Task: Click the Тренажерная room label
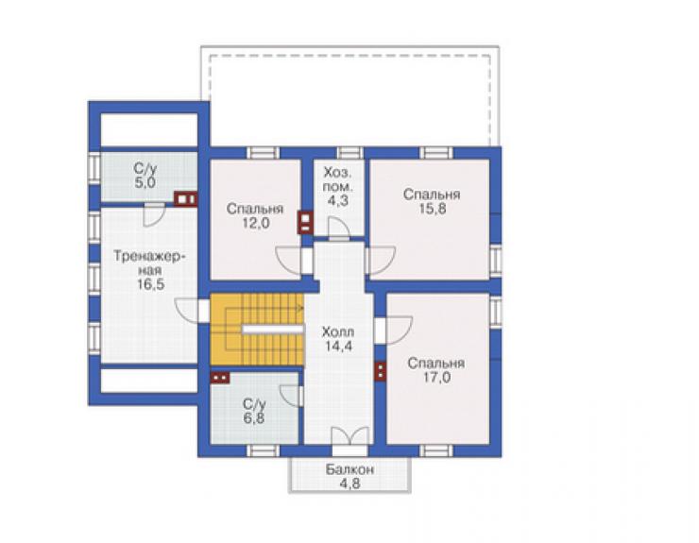(x=150, y=263)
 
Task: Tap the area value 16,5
(x=150, y=284)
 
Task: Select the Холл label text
(x=338, y=331)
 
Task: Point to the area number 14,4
(x=338, y=346)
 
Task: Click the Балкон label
(x=349, y=469)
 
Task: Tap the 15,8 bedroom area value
(x=432, y=209)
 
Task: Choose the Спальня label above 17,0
(x=436, y=364)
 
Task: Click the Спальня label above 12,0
(x=254, y=209)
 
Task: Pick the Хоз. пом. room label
(x=337, y=178)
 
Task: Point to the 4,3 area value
(x=337, y=200)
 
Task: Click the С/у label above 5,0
(x=145, y=168)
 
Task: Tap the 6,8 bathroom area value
(x=254, y=418)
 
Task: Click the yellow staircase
(x=257, y=329)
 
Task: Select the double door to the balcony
(x=350, y=437)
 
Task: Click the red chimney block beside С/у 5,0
(x=185, y=199)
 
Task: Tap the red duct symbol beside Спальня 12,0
(x=305, y=222)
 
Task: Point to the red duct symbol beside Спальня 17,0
(x=380, y=372)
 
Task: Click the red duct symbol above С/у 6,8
(x=220, y=378)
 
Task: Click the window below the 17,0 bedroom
(x=436, y=451)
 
